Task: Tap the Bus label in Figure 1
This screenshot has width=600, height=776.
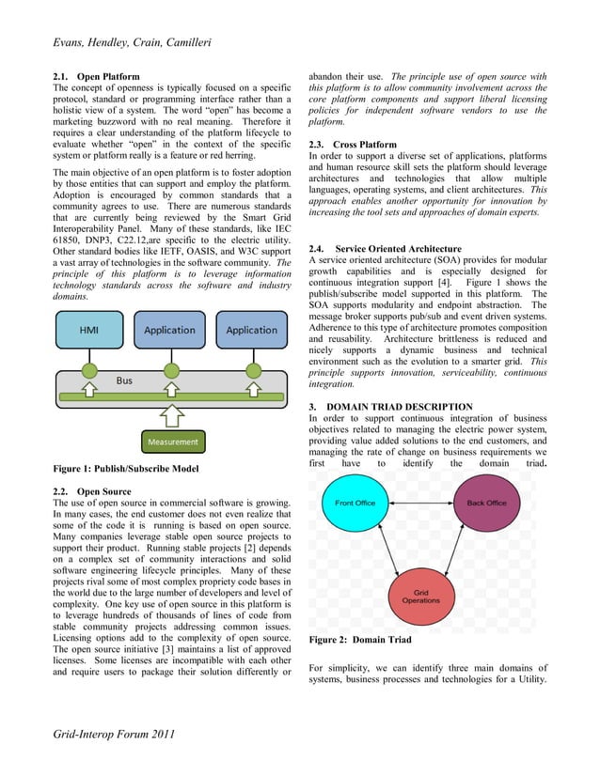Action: (124, 380)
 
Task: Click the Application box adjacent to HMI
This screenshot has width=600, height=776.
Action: (169, 331)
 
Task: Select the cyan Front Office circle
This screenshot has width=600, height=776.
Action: (355, 504)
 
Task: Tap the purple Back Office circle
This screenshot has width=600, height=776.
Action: (486, 504)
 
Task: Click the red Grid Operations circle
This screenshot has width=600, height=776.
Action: (420, 596)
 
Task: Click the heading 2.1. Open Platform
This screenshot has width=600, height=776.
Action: (95, 76)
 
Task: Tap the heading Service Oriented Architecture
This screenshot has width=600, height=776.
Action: (379, 248)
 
